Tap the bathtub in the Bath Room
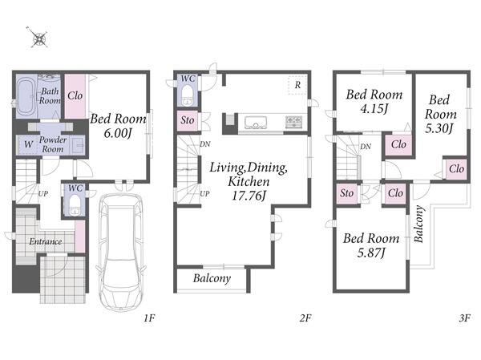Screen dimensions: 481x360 [26, 95]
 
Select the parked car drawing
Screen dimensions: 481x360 [120, 253]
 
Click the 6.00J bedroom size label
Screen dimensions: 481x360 [118, 133]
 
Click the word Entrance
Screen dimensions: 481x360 [46, 241]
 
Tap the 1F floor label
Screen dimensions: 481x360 [149, 318]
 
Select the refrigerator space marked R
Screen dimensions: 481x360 [297, 85]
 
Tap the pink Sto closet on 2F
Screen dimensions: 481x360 [187, 120]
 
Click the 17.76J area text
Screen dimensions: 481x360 [249, 196]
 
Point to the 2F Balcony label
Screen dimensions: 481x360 [212, 278]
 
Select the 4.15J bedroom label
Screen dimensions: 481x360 [374, 109]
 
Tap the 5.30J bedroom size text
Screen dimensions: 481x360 [439, 128]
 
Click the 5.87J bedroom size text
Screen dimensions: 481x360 [371, 253]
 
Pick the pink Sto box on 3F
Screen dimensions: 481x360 [346, 193]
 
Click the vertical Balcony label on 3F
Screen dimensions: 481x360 [419, 224]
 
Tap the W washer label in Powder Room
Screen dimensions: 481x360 [28, 144]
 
